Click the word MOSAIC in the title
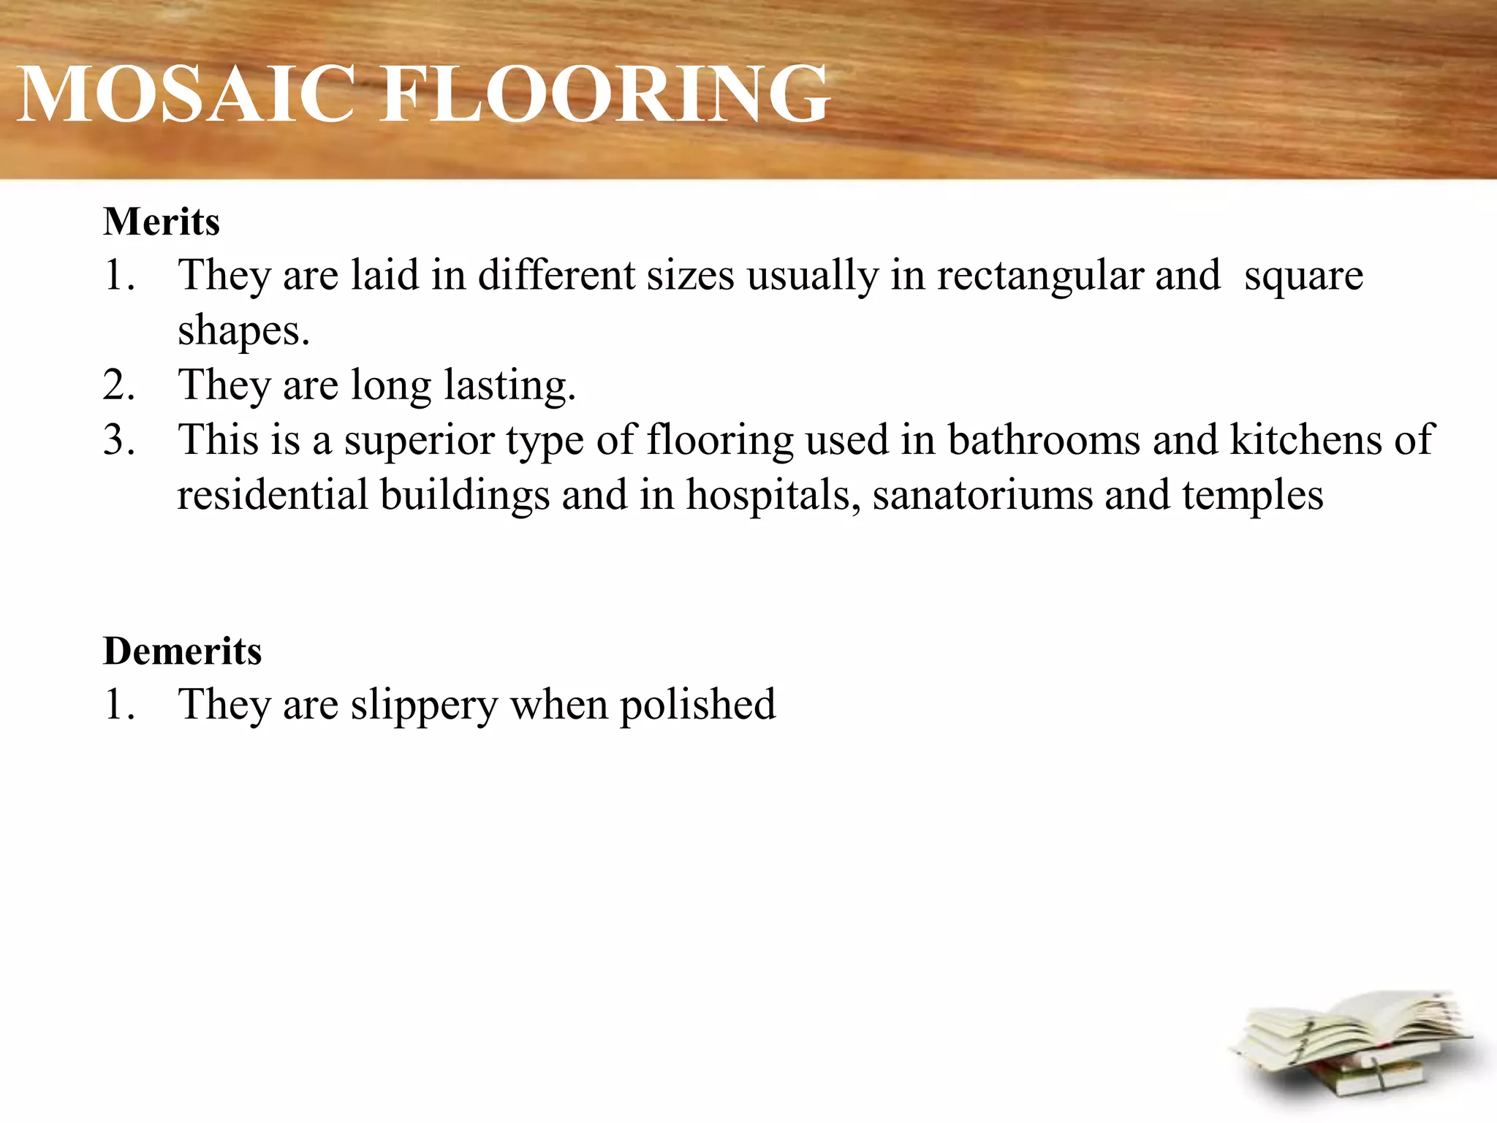[x=186, y=95]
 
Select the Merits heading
[x=162, y=222]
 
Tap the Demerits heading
[x=183, y=651]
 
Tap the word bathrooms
[x=1044, y=440]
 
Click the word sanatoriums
[x=982, y=495]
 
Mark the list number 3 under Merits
[x=118, y=441]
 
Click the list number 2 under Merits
[x=118, y=386]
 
